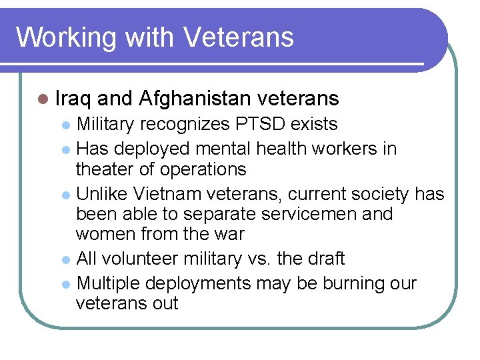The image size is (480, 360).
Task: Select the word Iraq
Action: (x=73, y=99)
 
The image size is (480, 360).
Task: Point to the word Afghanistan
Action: (x=195, y=99)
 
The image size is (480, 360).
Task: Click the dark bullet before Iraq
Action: (x=43, y=99)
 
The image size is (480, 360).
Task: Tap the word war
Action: (x=229, y=235)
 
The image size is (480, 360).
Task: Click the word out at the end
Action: (x=164, y=304)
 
